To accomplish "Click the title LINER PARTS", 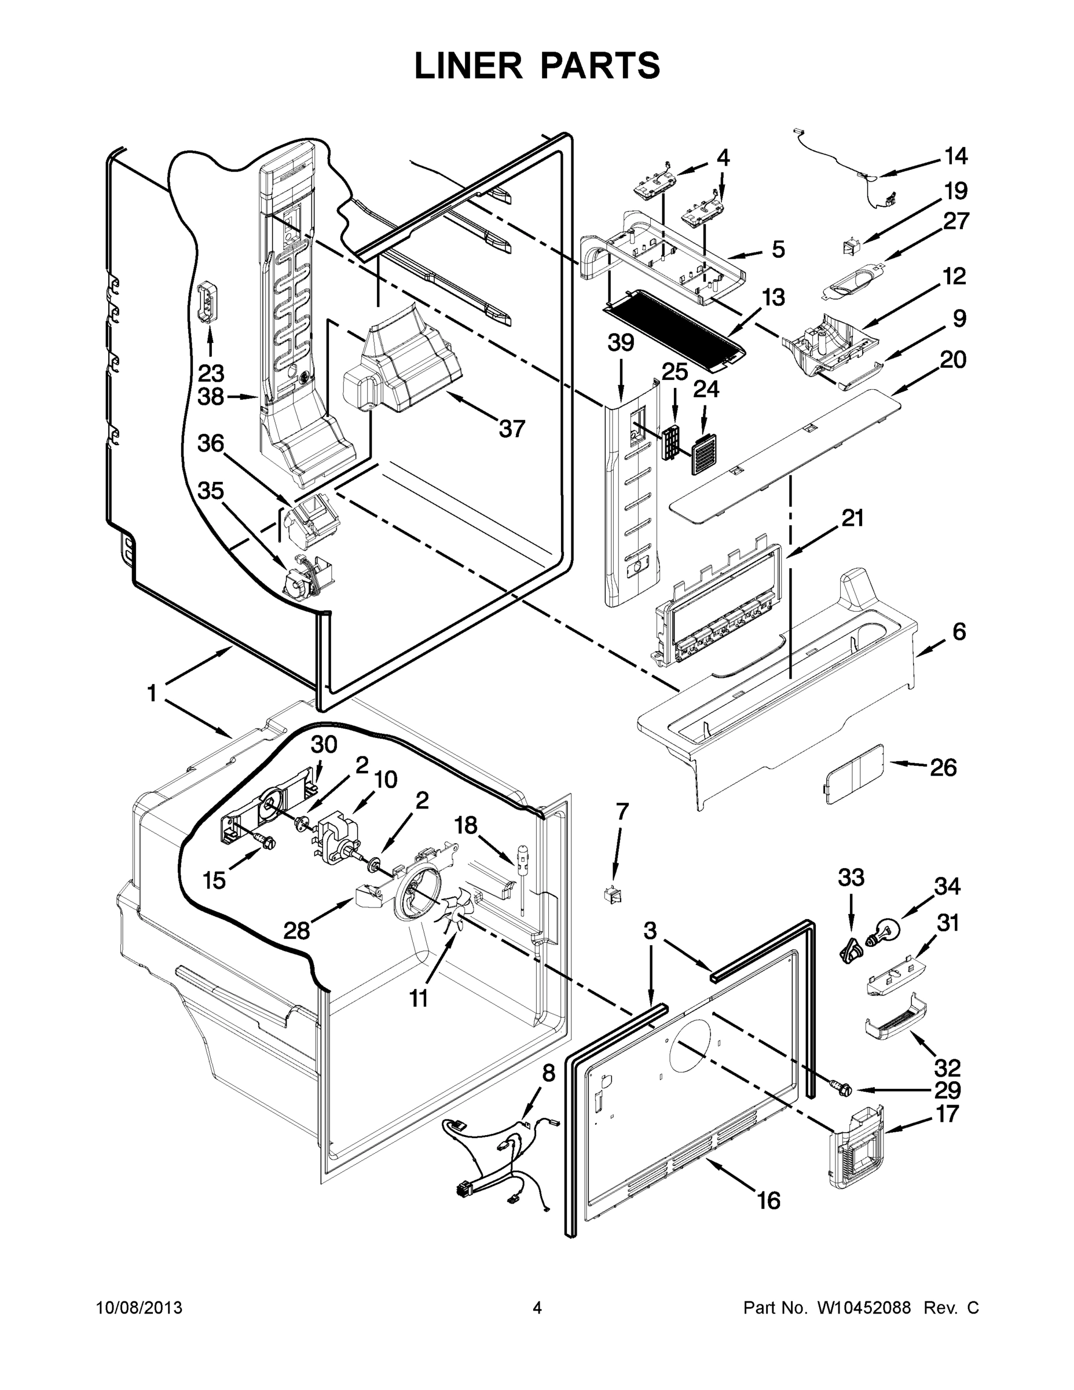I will click(x=537, y=65).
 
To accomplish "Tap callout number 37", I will click(x=512, y=429).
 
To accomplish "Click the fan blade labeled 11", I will click(x=452, y=915).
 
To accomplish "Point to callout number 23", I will click(x=210, y=374).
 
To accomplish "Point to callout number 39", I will click(x=620, y=343).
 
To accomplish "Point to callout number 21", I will click(x=853, y=518).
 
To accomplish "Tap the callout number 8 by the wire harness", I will click(x=548, y=1073).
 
